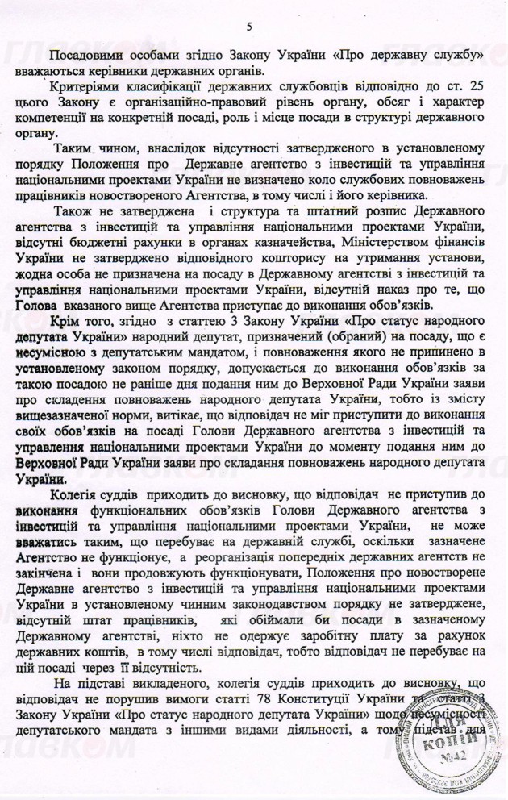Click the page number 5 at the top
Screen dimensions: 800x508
pos(250,28)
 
